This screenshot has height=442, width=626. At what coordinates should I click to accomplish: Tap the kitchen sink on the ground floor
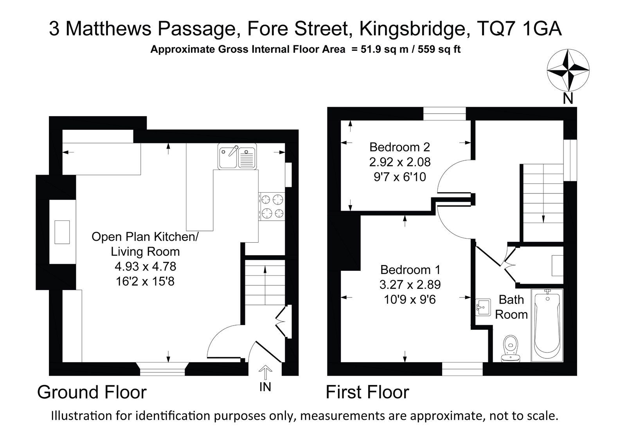tap(237, 156)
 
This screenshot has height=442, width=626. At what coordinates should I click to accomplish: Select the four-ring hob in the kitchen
tap(272, 207)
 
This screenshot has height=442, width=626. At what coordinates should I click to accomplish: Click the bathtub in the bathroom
tap(547, 325)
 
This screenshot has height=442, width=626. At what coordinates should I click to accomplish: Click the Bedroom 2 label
tap(399, 147)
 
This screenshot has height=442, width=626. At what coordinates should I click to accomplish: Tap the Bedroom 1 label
tap(410, 270)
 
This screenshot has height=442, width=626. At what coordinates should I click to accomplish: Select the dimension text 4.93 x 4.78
tap(145, 267)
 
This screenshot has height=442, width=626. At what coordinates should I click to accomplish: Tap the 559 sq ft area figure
tap(439, 49)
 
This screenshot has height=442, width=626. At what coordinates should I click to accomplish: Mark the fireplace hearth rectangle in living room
tap(62, 232)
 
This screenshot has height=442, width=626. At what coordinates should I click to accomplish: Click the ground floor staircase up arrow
tap(265, 285)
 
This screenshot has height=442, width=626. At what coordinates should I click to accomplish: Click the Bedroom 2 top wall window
tap(444, 114)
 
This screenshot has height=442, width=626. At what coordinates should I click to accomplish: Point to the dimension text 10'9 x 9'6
tap(410, 300)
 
